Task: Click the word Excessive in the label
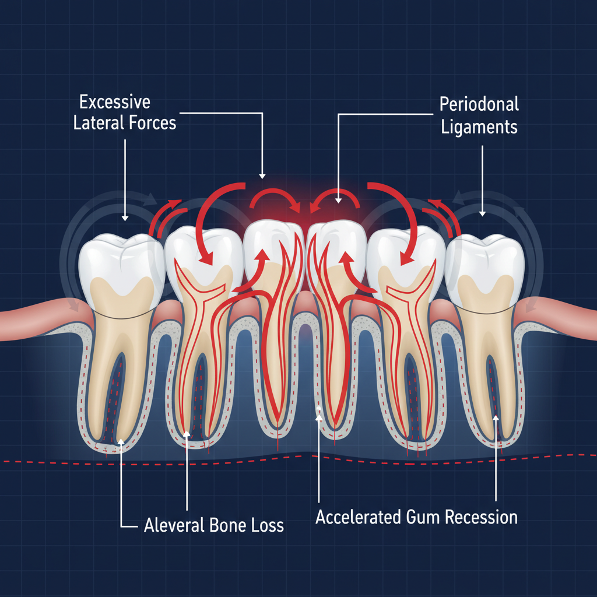coord(115,103)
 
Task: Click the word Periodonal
coord(479,104)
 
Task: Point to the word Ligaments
coord(479,127)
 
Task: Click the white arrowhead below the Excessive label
coord(124,218)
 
